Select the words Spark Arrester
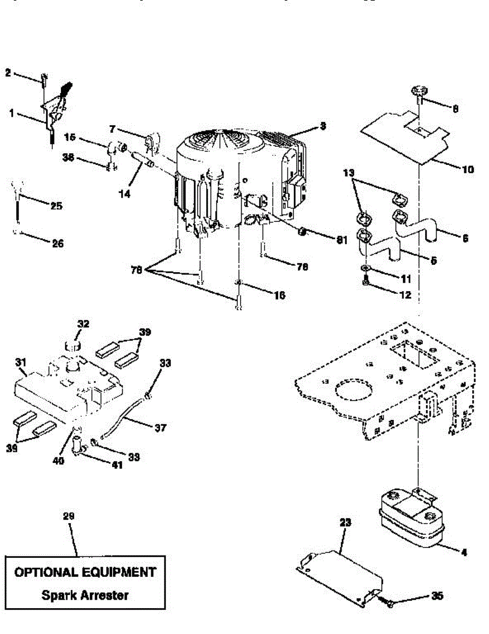pos(85,595)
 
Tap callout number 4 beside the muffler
pos(464,553)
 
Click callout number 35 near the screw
pos(437,596)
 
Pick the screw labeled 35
pos(388,602)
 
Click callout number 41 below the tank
pos(116,465)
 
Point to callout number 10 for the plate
pos(467,170)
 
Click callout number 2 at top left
pos(8,72)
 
